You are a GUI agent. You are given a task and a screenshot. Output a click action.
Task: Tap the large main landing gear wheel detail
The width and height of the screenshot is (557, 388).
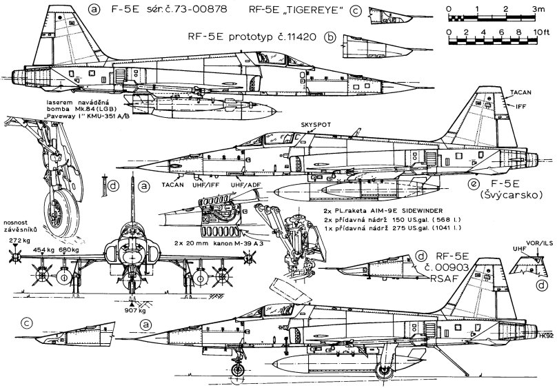(61, 206)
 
